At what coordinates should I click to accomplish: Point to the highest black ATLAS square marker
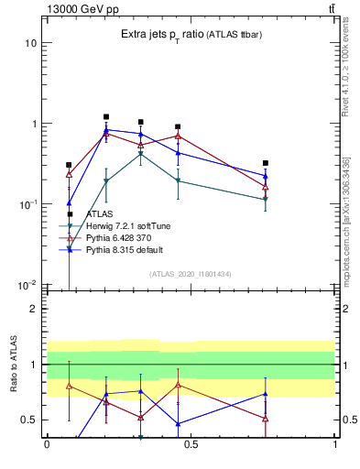coord(106,117)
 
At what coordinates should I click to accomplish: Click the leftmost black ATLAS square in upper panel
coord(69,165)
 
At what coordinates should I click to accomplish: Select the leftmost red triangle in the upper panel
coord(69,173)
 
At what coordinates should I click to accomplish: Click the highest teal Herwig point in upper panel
coord(140,153)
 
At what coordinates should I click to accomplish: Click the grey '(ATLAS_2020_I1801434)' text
coord(191,274)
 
